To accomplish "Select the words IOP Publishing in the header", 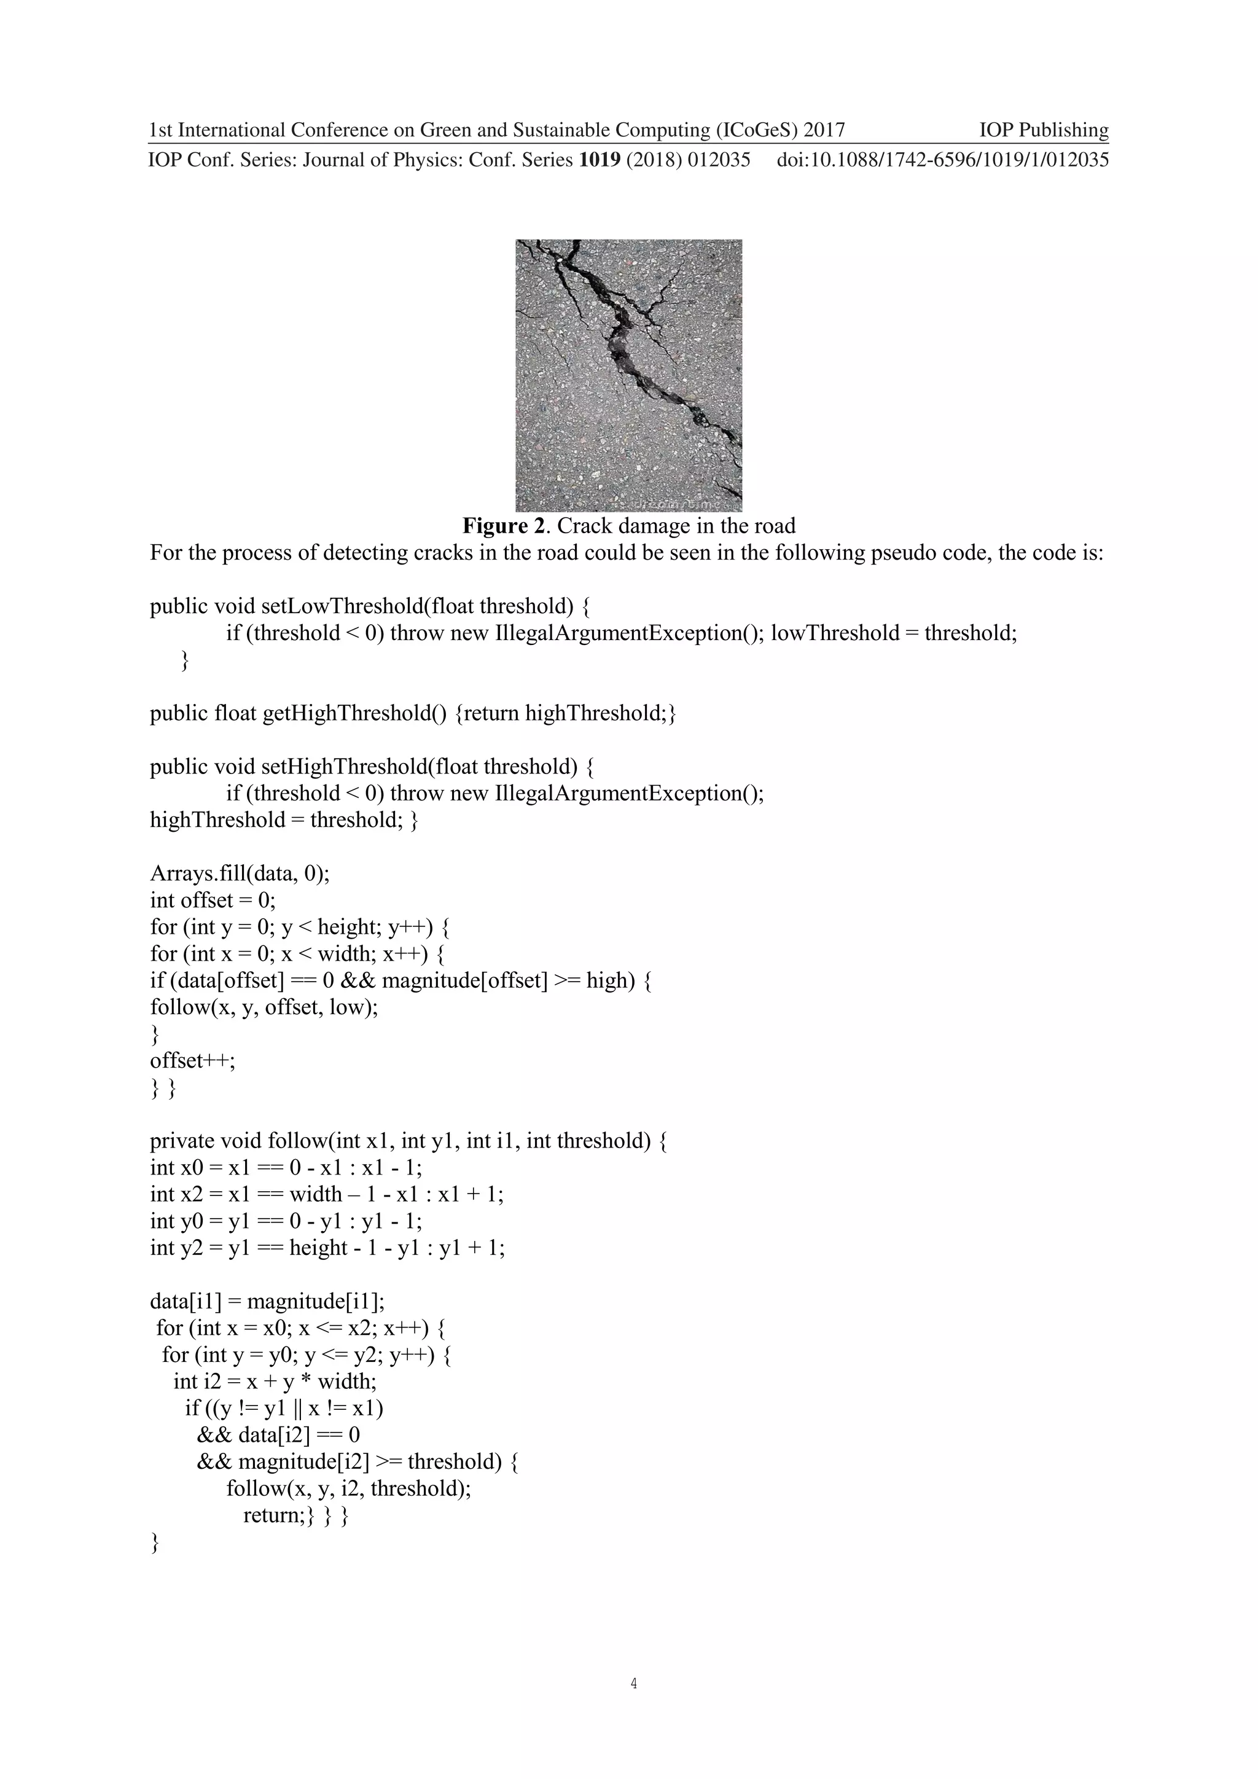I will pyautogui.click(x=1044, y=130).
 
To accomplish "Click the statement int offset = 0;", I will pyautogui.click(x=213, y=901).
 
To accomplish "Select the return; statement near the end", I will pyautogui.click(x=274, y=1515).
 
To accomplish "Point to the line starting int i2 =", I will pyautogui.click(x=275, y=1381).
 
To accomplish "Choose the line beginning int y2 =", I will pyautogui.click(x=327, y=1248).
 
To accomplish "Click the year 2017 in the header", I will pyautogui.click(x=824, y=130).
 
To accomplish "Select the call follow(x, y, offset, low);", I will pyautogui.click(x=264, y=1007).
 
